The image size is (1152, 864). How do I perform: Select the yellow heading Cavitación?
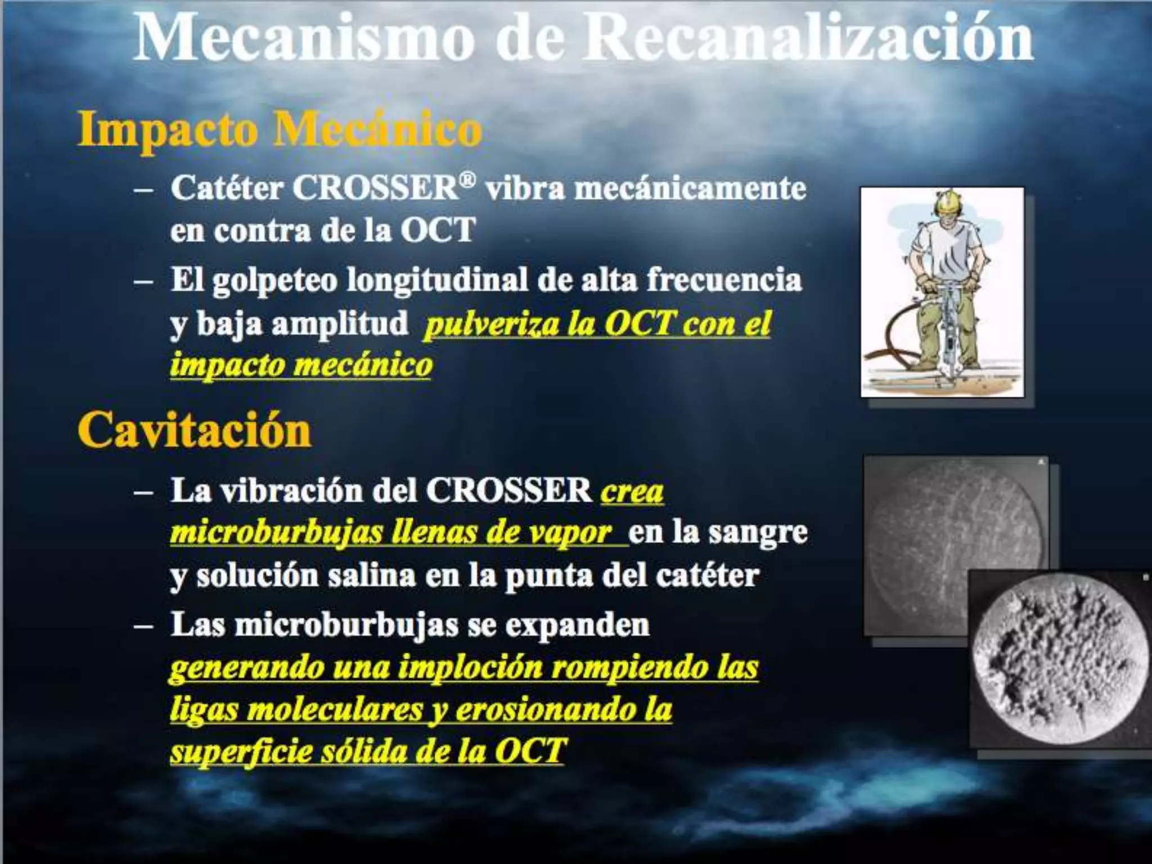tap(194, 430)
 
